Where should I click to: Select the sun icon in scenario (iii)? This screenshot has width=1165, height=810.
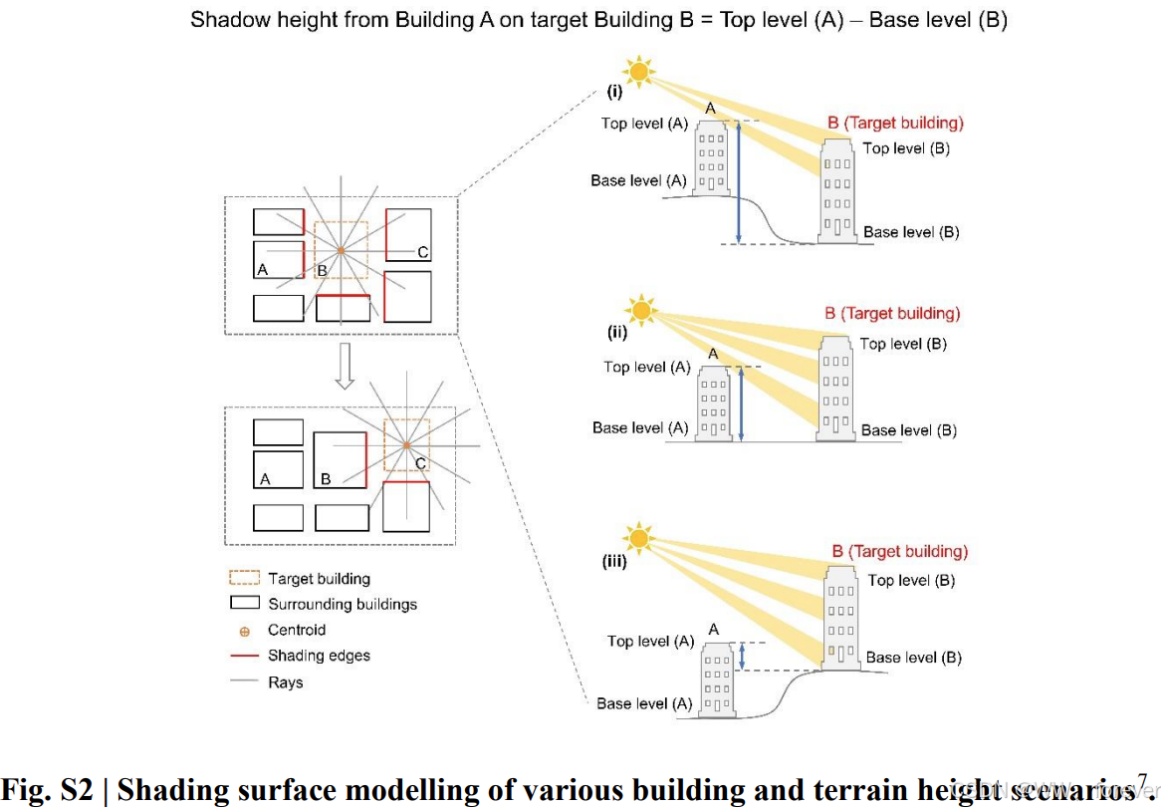click(637, 538)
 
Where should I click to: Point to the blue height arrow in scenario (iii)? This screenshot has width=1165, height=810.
click(742, 656)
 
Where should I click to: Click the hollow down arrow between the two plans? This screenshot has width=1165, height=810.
click(345, 368)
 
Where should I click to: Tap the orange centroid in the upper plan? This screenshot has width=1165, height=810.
click(340, 250)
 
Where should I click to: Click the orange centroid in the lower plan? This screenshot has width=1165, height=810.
click(405, 446)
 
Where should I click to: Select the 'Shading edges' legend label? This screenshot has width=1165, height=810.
click(319, 656)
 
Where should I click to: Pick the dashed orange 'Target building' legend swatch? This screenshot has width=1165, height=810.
click(245, 578)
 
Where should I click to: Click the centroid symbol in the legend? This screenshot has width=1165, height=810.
click(244, 631)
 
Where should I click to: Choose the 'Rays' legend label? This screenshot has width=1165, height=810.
click(285, 682)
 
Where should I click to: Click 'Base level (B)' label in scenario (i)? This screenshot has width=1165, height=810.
click(911, 232)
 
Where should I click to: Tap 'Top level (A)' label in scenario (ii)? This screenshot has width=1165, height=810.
click(646, 367)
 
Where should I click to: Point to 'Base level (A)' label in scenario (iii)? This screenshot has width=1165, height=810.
click(644, 703)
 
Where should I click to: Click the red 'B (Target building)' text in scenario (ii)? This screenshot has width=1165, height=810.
click(892, 313)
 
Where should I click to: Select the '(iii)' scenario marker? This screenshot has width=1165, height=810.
click(613, 562)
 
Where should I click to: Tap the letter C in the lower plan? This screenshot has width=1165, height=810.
click(420, 463)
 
